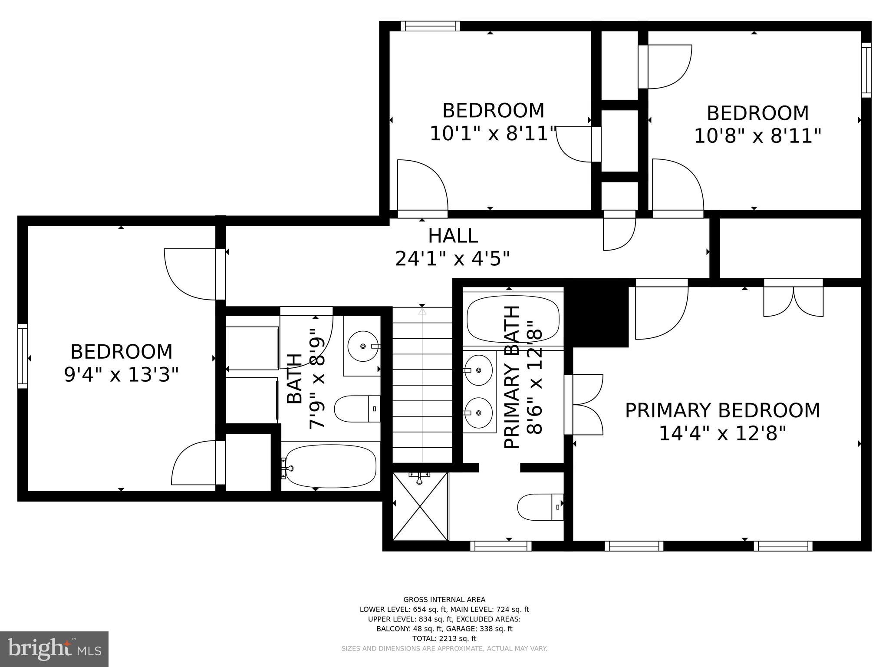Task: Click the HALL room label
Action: coord(453,236)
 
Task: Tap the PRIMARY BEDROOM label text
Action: coord(722,411)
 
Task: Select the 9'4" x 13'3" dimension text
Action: coord(122,375)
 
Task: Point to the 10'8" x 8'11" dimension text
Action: coord(758,136)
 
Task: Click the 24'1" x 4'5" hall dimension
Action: coord(452,259)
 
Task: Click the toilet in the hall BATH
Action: coord(357,409)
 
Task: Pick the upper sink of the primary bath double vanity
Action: coord(478,370)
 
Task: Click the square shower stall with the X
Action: coord(420,506)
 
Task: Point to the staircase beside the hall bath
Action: coord(422,385)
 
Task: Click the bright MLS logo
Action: coord(54,649)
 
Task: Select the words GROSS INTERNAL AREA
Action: coord(444,600)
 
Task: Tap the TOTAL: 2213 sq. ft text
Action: coord(444,638)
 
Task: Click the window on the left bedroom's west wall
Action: coord(23,356)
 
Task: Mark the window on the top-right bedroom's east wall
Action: coord(866,70)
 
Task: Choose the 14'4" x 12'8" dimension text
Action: coord(723,433)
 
